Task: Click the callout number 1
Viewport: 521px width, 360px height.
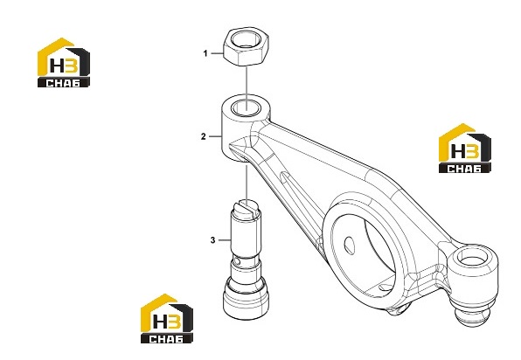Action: (205, 53)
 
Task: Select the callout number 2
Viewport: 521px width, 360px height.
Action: (204, 136)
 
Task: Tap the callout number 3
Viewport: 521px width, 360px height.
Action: (212, 239)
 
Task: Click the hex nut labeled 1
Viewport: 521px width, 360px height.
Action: (247, 46)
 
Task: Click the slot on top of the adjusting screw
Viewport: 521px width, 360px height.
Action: (247, 210)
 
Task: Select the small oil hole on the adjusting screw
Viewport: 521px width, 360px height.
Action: (236, 261)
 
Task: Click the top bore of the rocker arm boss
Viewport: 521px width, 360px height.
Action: (246, 108)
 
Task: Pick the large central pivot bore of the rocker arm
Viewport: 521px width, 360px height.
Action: (363, 253)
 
